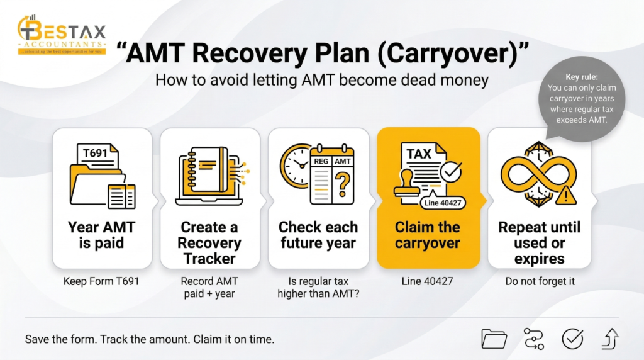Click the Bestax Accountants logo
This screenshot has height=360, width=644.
pyautogui.click(x=62, y=35)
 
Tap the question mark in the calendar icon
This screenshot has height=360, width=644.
pyautogui.click(x=341, y=184)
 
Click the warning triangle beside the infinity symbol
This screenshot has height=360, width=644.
pyautogui.click(x=567, y=195)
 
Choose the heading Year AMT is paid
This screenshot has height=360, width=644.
pyautogui.click(x=102, y=235)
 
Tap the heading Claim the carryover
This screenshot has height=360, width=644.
pyautogui.click(x=428, y=235)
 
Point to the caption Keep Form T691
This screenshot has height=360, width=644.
pyautogui.click(x=101, y=281)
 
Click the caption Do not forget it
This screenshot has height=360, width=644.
pyautogui.click(x=539, y=281)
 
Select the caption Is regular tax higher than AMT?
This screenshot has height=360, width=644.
pyautogui.click(x=318, y=287)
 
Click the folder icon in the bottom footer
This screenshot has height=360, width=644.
pyautogui.click(x=494, y=339)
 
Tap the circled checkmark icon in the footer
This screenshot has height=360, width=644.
pyautogui.click(x=572, y=339)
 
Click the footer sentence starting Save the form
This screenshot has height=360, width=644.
pyautogui.click(x=150, y=339)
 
